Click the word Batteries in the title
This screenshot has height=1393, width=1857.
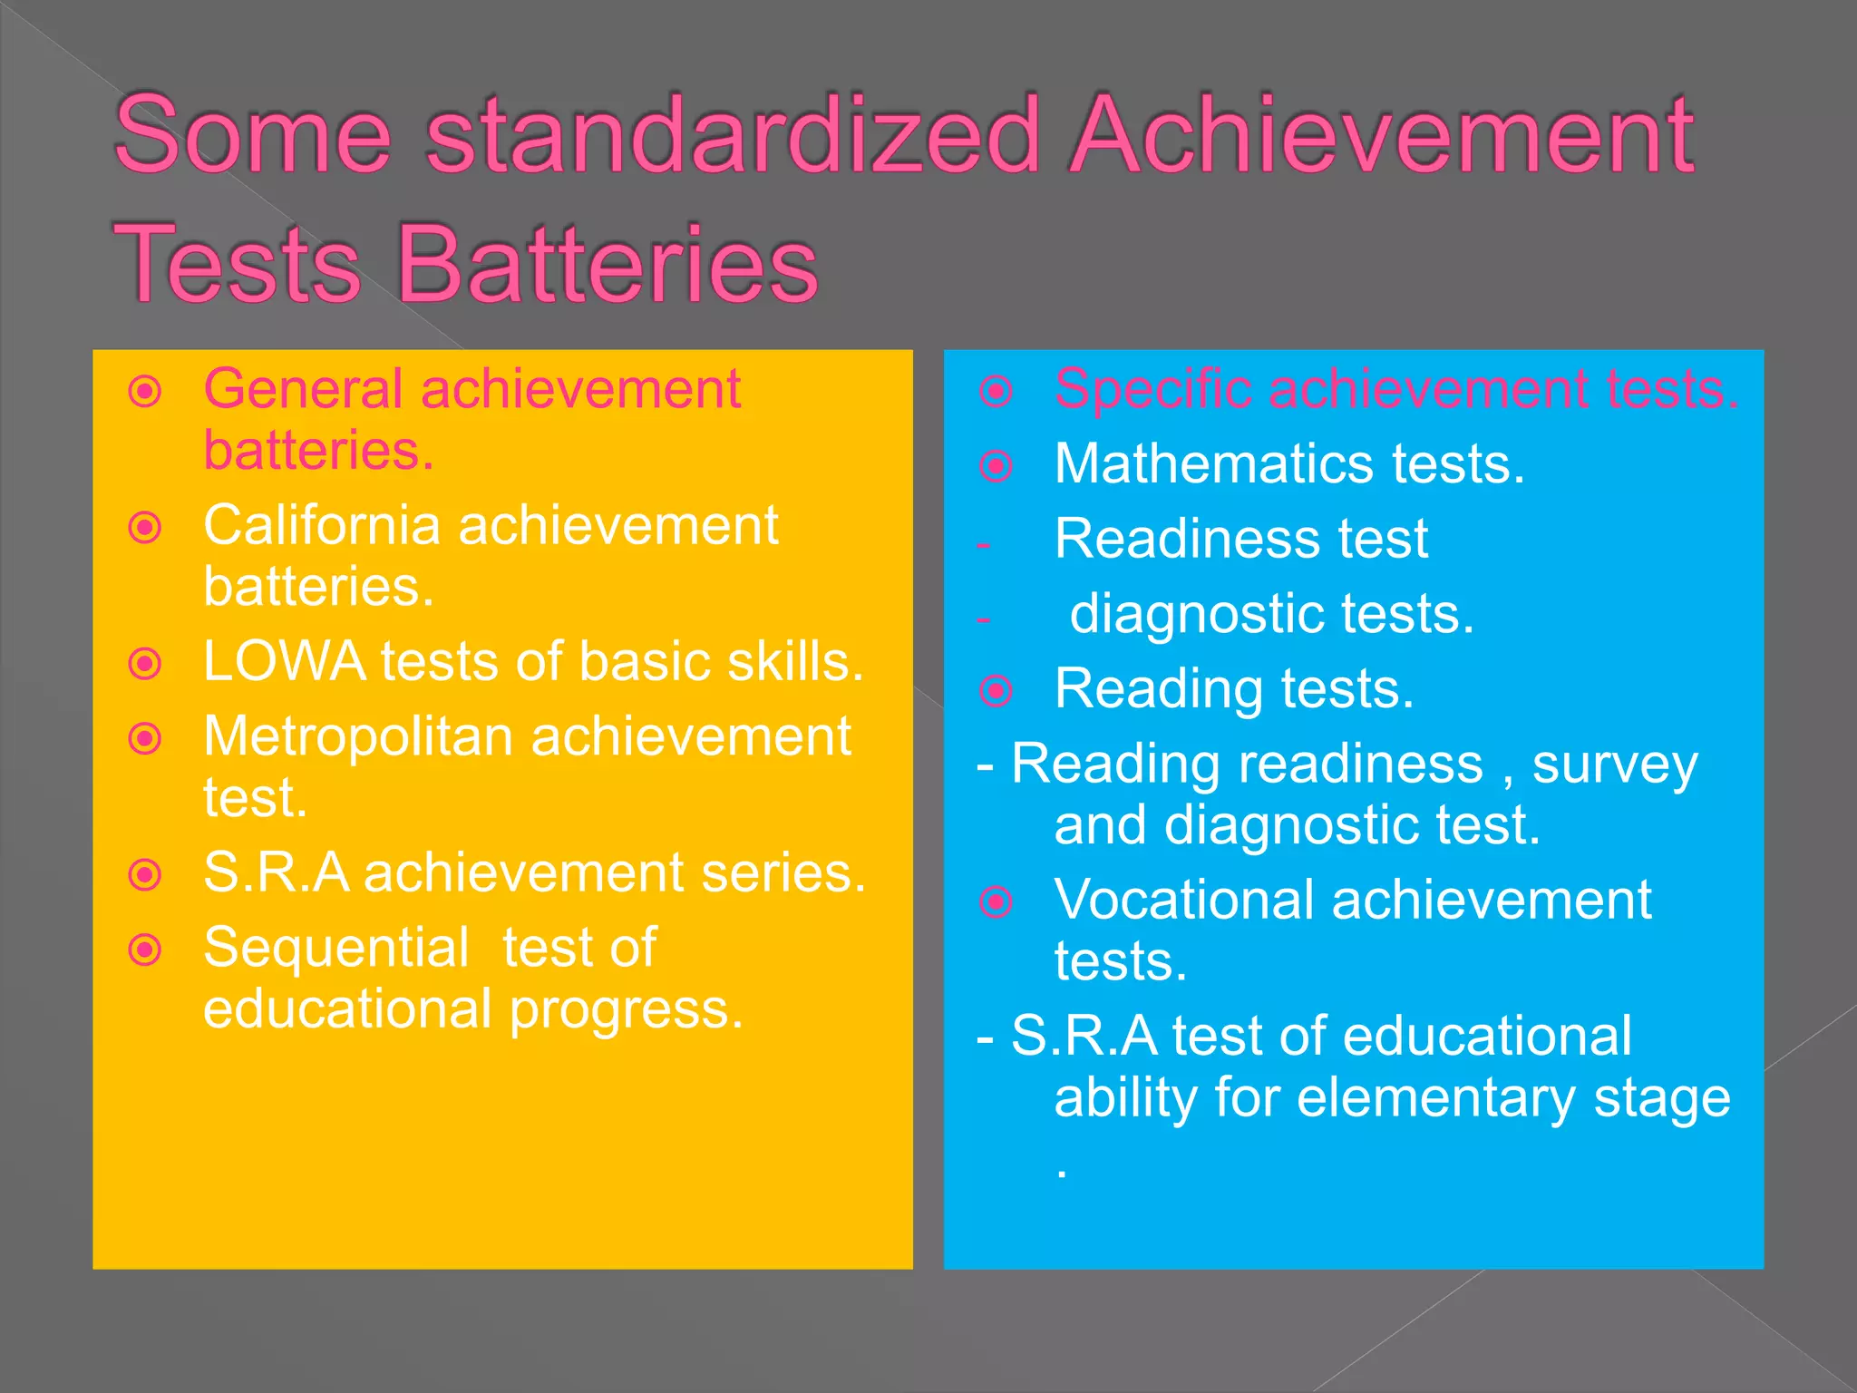click(608, 264)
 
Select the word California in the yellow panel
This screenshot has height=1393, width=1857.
click(322, 525)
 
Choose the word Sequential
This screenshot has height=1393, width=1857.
click(336, 948)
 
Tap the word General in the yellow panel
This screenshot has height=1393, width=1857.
click(303, 390)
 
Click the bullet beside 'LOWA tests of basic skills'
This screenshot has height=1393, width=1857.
click(145, 664)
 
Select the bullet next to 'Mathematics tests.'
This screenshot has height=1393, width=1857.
click(997, 466)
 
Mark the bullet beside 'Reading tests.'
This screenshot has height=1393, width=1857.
click(997, 691)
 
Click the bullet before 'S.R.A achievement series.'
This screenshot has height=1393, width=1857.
click(145, 875)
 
